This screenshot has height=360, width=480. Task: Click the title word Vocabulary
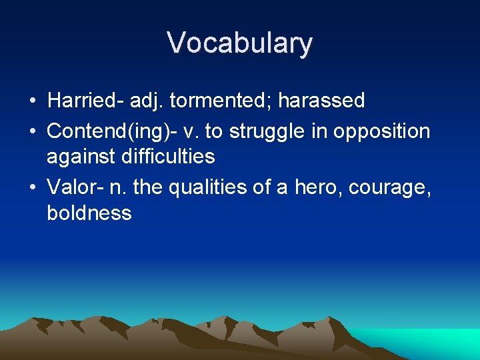239,43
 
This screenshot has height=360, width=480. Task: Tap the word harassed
321,101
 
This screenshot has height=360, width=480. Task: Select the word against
83,157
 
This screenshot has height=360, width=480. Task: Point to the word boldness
89,213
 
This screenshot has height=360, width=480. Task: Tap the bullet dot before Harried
32,101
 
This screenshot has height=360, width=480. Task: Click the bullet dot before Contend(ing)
32,131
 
